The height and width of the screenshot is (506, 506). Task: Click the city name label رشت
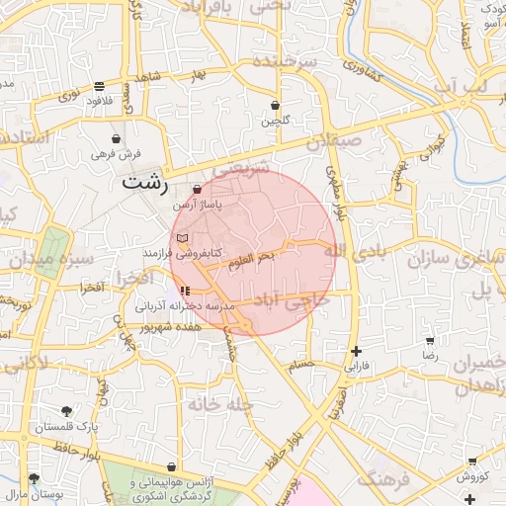tap(145, 183)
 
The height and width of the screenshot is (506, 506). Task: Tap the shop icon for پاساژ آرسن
tap(197, 189)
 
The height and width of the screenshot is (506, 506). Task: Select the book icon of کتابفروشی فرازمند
tap(180, 238)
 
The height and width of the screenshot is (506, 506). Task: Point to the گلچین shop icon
tap(275, 105)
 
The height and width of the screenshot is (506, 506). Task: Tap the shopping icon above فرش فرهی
tap(117, 138)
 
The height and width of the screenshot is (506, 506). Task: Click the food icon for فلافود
tap(98, 85)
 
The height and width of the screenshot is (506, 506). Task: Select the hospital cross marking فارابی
tap(356, 351)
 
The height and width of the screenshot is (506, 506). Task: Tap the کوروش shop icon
tap(471, 462)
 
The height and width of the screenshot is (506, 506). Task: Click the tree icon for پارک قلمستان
tap(66, 410)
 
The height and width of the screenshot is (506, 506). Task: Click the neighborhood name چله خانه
tap(224, 403)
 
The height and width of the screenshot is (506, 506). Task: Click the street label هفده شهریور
tap(169, 325)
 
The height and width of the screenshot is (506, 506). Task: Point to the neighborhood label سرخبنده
tap(286, 61)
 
